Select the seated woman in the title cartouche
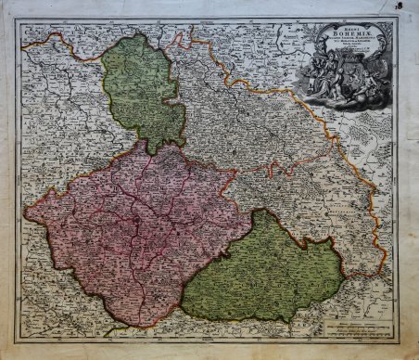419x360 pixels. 321,76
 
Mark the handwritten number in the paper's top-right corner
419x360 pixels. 410,6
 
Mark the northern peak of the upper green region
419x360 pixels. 137,36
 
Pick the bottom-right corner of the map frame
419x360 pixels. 398,340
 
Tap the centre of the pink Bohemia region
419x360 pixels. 139,232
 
